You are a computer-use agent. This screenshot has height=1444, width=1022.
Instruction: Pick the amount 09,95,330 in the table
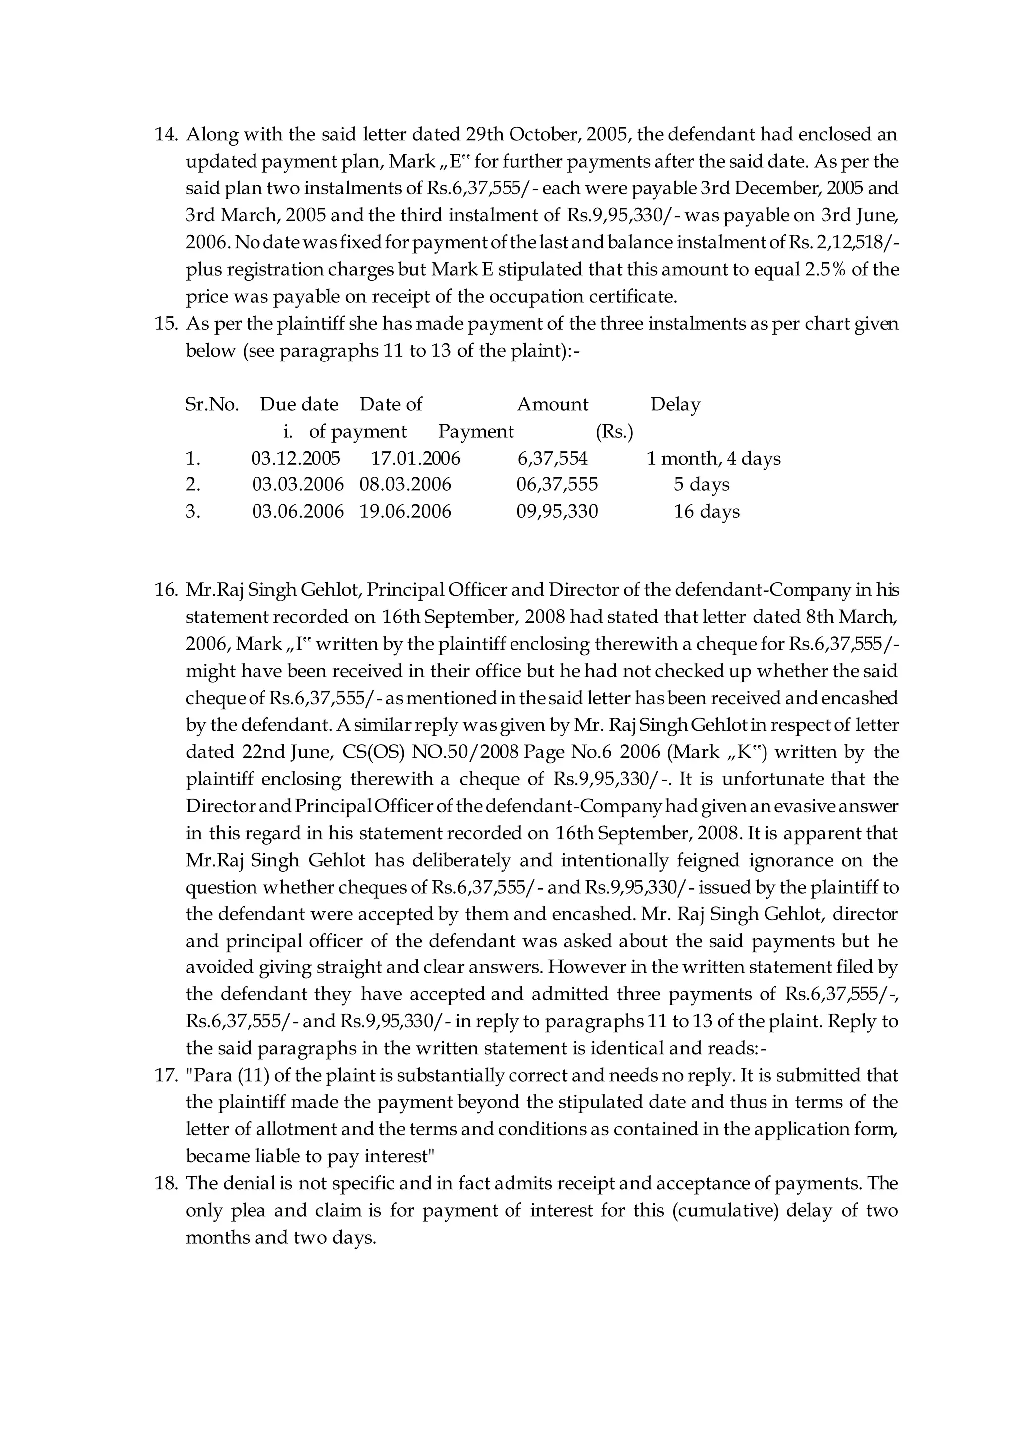click(557, 511)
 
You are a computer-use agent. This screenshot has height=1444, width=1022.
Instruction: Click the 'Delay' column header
click(675, 404)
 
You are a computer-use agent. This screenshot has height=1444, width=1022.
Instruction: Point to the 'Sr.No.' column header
click(212, 404)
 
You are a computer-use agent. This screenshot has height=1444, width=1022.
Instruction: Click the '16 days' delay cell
click(706, 511)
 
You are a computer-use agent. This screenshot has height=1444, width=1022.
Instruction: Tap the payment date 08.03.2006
click(405, 484)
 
